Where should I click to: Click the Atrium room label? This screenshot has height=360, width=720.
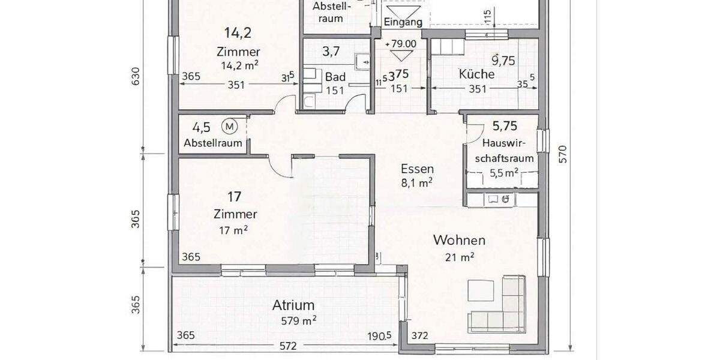[x=294, y=305]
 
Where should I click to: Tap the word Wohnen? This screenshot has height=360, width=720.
[x=459, y=241]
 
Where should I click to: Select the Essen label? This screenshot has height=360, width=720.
[x=417, y=169]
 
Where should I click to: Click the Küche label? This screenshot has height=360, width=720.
[x=476, y=74]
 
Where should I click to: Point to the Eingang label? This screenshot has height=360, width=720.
[x=403, y=22]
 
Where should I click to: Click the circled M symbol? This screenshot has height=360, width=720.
[x=229, y=126]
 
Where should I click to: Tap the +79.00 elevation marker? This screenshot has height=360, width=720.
[x=401, y=44]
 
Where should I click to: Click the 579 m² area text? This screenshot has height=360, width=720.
[x=299, y=320]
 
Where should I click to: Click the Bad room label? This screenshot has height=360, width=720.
[x=335, y=77]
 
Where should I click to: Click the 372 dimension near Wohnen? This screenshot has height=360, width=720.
[x=421, y=336]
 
